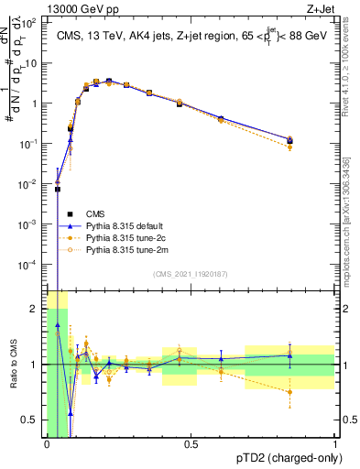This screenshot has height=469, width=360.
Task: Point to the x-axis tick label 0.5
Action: [191, 444]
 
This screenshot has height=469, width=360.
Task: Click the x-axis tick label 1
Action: [334, 444]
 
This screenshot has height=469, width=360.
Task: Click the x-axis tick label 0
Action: [47, 444]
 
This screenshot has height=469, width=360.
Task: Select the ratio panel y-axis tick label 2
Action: [34, 309]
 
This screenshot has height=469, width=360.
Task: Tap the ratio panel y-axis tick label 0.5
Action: [28, 420]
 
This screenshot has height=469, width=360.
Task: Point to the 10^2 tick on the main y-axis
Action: [28, 23]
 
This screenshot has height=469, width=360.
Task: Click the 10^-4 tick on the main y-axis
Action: [28, 264]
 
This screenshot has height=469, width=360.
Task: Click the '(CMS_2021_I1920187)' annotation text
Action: [191, 273]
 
